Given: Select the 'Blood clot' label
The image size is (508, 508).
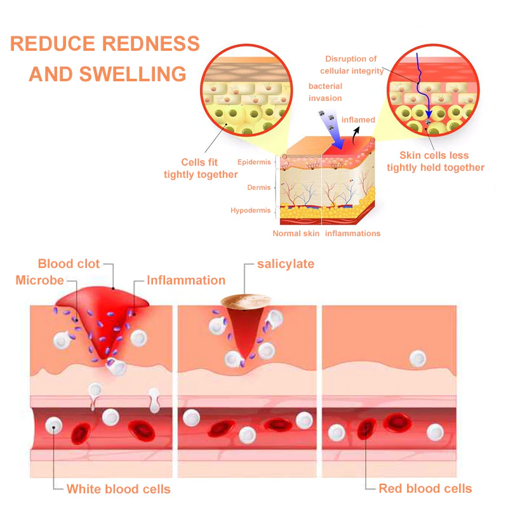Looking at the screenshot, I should [68, 264].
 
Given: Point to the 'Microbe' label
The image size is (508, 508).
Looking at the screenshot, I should [40, 280].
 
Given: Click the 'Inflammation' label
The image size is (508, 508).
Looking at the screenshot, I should [185, 280].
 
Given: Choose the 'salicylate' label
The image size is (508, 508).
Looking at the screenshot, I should [286, 264].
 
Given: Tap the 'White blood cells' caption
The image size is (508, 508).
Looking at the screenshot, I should [118, 488].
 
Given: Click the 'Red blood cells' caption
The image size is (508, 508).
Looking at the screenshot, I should [425, 488].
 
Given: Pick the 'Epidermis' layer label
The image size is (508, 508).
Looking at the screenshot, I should [254, 163].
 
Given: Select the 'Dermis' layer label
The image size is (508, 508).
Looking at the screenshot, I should [259, 187].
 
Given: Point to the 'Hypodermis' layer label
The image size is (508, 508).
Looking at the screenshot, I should [251, 210].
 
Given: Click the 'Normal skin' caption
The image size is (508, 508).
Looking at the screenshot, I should [296, 234].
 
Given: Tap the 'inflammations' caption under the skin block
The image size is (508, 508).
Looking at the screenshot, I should [352, 234].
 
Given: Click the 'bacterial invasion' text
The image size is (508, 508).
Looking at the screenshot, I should [325, 92].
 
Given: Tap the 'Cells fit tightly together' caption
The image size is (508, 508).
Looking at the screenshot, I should [200, 168].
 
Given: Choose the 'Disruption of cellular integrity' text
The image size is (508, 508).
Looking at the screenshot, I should [351, 65].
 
